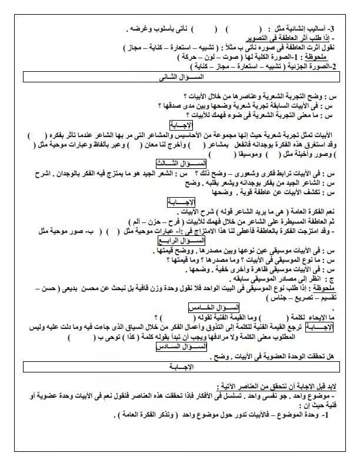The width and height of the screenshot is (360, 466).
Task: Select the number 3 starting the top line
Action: point(331,28)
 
